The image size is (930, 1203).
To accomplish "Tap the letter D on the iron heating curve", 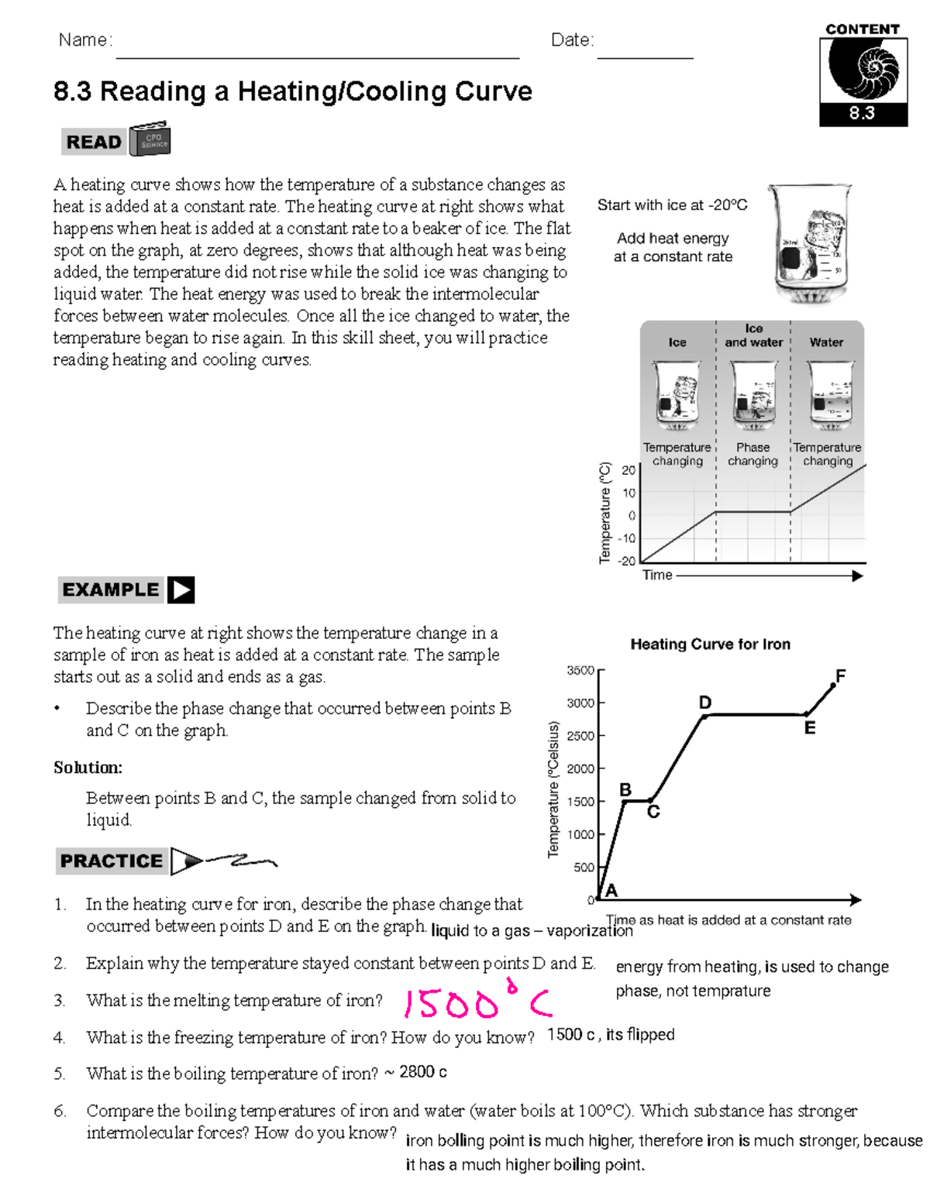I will (x=704, y=703).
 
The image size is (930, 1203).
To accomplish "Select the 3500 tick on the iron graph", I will (x=581, y=670).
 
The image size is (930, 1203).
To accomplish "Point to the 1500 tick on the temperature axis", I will (x=581, y=802).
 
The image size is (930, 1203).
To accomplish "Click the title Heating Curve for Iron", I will (x=710, y=644).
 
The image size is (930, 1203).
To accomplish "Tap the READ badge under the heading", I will (x=94, y=142).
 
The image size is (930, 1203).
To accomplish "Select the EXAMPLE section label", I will (x=110, y=590).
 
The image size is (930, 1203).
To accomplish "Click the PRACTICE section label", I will (x=112, y=861).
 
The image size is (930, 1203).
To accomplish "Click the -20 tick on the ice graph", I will (x=627, y=561).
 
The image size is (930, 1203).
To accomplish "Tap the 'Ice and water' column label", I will (x=753, y=335).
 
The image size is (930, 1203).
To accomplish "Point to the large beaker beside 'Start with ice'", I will (x=811, y=244).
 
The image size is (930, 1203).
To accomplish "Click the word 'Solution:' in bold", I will (x=88, y=768).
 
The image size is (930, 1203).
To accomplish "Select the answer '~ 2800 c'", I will (x=415, y=1073).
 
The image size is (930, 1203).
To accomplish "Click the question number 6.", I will (x=60, y=1111).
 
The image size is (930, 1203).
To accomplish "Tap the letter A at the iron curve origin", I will (x=611, y=891).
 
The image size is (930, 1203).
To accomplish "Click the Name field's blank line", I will (x=317, y=56).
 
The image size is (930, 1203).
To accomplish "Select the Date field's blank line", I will (x=645, y=56).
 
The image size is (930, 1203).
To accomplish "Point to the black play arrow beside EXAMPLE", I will (x=181, y=590).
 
